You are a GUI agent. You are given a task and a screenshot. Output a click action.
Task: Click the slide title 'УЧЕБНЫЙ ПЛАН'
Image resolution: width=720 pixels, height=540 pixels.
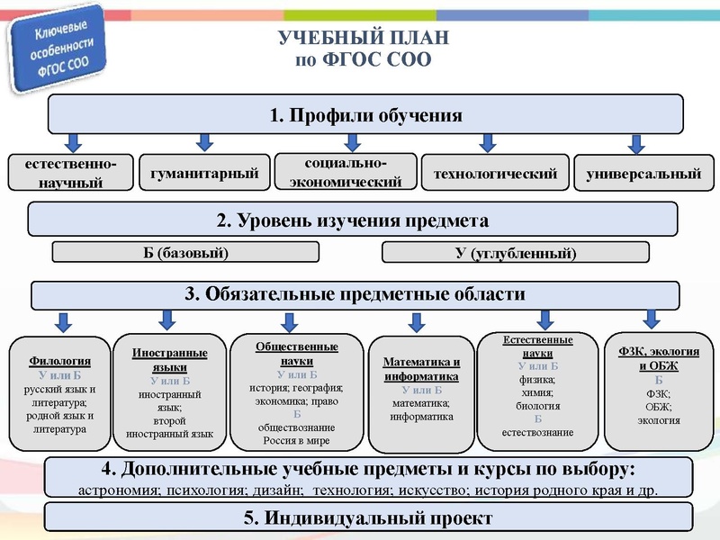coord(364,40)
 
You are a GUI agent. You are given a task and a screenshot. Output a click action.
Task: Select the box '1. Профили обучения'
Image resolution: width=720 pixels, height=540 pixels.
coord(365,115)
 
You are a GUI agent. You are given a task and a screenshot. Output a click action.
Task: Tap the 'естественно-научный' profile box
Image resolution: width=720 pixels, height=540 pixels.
coord(70,173)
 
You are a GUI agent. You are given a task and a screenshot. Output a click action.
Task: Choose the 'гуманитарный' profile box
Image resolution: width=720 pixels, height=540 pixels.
coord(205,173)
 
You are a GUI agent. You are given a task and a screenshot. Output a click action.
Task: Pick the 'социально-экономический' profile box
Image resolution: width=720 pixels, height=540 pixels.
coord(346,172)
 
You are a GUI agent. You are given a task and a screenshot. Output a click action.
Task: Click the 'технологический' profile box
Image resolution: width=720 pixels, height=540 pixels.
coord(496,173)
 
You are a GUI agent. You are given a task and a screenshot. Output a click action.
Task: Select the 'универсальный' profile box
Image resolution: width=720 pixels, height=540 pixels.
coord(643,174)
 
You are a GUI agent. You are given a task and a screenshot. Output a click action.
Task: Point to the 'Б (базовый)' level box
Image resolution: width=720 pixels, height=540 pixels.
coord(185,252)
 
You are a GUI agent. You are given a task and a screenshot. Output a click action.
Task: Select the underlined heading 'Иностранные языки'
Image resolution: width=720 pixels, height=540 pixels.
coord(169,360)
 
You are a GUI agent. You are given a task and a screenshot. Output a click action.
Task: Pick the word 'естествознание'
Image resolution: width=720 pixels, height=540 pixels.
coord(538,433)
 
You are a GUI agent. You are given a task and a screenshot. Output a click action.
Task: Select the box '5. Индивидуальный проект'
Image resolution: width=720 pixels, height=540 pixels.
coord(368,518)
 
